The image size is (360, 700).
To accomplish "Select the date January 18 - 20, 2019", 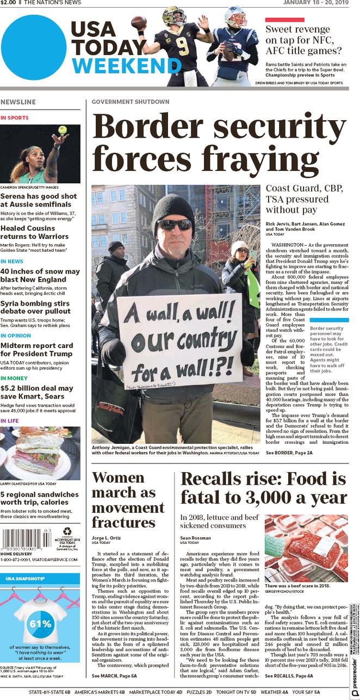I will click(x=315, y=3).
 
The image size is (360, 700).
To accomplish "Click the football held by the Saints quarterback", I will click(x=140, y=22).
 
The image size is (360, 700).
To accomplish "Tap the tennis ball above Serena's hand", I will click(x=62, y=130).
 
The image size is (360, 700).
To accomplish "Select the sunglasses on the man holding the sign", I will click(x=175, y=224).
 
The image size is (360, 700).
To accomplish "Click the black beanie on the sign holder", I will click(x=174, y=206).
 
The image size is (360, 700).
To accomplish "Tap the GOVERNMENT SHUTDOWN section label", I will click(x=131, y=102).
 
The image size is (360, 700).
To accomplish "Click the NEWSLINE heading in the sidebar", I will click(x=18, y=102).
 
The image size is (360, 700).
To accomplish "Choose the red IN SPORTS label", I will click(x=15, y=117).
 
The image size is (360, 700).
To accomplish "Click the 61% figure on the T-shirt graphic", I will click(x=40, y=623).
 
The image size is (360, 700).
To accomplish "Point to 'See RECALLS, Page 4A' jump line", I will click(x=289, y=676).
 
